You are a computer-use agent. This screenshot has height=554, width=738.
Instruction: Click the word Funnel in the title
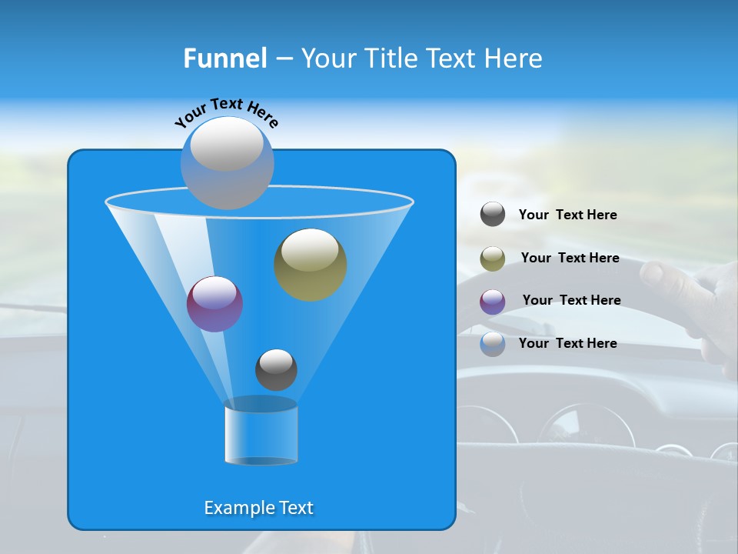(x=224, y=58)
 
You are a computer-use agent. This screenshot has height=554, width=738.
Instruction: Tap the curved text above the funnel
(x=226, y=112)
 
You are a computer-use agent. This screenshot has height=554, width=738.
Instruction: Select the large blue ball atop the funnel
(x=228, y=162)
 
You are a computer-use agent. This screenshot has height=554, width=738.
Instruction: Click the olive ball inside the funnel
(x=311, y=264)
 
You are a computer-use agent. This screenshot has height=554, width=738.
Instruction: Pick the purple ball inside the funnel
(x=214, y=304)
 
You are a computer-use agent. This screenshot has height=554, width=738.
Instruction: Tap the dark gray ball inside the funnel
(x=276, y=369)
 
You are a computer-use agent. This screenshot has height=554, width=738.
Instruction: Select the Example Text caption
(x=258, y=508)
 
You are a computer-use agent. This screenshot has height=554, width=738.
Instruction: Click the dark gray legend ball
(x=493, y=215)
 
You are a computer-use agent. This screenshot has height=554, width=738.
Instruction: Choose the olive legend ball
(x=493, y=259)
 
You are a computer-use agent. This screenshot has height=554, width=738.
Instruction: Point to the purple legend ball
(x=493, y=301)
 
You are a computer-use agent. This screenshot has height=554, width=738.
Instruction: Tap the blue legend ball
(x=493, y=344)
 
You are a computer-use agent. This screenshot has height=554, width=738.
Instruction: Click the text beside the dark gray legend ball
(x=567, y=215)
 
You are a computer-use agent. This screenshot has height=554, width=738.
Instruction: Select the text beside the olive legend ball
(x=570, y=258)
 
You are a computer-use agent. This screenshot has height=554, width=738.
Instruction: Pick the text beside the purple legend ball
(x=571, y=300)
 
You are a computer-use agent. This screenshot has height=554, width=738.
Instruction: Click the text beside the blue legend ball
(x=567, y=343)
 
